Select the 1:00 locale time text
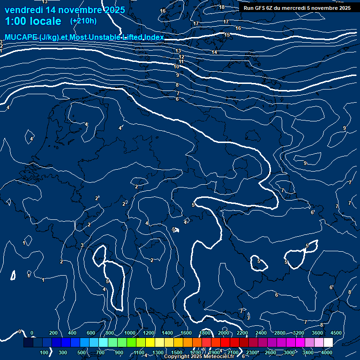33,22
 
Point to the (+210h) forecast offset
83,21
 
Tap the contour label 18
222,7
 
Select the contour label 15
227,35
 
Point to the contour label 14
214,52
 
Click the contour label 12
181,57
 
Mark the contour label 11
181,61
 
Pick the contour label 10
176,67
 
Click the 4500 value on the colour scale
336,332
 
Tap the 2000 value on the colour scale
224,332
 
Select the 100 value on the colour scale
45,352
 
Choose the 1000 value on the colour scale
130,332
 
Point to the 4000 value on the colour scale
327,352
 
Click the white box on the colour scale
328,343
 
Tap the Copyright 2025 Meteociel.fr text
199,357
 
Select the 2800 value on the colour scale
280,332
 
